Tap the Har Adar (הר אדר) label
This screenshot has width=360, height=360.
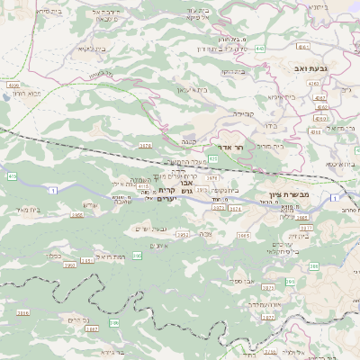click(220, 147)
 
